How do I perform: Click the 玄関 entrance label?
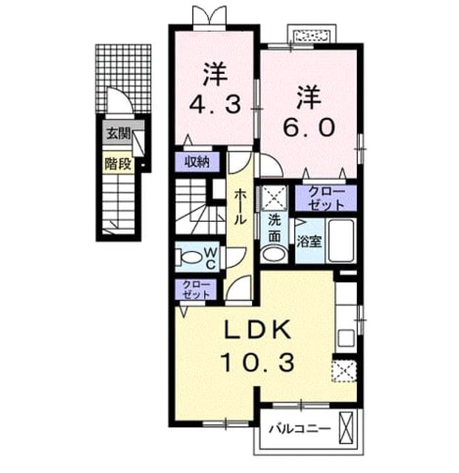click(118, 133)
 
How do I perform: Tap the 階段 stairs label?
click(118, 164)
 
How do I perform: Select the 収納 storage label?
click(197, 163)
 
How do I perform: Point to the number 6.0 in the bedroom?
click(308, 127)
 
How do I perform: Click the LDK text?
click(257, 330)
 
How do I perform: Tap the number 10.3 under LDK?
click(257, 363)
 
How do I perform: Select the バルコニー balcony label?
click(299, 429)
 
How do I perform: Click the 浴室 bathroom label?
click(309, 242)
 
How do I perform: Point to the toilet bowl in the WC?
click(189, 257)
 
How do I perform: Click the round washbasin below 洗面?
click(274, 253)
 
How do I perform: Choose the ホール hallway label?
click(240, 207)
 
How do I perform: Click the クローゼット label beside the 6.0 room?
click(326, 198)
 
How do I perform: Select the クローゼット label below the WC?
click(196, 290)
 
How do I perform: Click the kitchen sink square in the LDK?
click(346, 338)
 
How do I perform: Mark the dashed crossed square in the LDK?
click(344, 371)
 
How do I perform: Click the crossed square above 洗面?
click(274, 197)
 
